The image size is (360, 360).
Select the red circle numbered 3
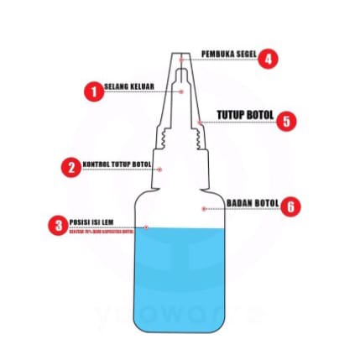(57, 225)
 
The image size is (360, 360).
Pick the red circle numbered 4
(268, 59)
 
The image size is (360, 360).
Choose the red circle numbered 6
(290, 206)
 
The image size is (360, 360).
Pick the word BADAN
(240, 202)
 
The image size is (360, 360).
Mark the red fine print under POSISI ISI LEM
(100, 228)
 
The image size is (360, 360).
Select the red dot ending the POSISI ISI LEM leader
(145, 227)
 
